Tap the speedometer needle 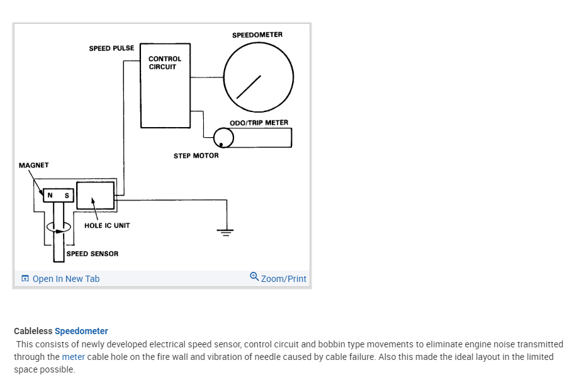pos(249,87)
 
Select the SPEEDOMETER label pos(257,35)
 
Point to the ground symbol pos(225,231)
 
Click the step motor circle pos(223,138)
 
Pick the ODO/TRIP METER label pos(259,123)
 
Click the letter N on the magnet pos(50,196)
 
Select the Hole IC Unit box pos(95,195)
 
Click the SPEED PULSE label pos(111,48)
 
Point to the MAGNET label pos(34,165)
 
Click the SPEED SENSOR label pos(93,254)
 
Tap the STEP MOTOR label pos(196,155)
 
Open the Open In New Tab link pos(65,279)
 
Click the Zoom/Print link pos(284,279)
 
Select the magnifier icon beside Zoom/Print pos(254,276)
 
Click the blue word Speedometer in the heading pos(81,331)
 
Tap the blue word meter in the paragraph pos(73,357)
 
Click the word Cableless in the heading pos(33,331)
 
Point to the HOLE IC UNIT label pos(107,225)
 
